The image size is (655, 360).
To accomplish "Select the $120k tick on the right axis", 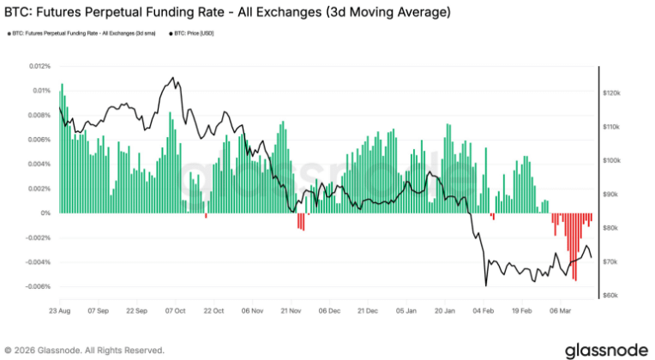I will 610,92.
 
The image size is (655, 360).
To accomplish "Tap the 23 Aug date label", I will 58,310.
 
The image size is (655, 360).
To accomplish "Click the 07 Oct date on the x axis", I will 174,310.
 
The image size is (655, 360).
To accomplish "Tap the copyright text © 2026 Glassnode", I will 84,350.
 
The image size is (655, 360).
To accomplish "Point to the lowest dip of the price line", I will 485,285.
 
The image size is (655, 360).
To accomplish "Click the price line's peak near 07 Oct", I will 174,78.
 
